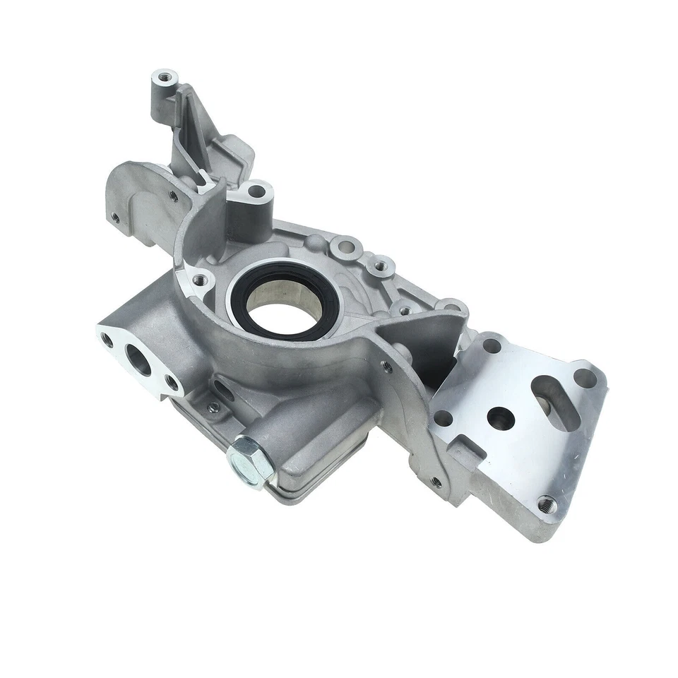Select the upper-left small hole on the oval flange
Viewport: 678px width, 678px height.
tap(108, 340)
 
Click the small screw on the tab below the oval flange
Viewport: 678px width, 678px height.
tap(213, 407)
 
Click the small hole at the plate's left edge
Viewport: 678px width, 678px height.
tap(444, 418)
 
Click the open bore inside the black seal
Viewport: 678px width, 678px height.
tap(282, 304)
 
